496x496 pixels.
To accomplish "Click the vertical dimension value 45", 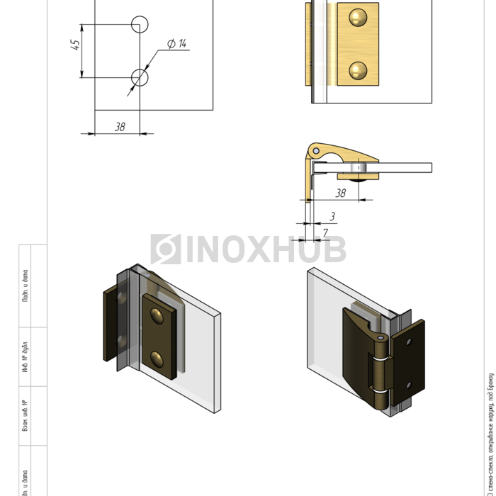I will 75,45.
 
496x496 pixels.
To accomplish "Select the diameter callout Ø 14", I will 176,45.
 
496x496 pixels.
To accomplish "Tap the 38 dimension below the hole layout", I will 120,126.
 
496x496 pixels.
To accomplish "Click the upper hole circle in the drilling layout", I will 140,24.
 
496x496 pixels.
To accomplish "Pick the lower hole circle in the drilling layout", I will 140,77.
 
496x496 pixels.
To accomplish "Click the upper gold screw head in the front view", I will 359,18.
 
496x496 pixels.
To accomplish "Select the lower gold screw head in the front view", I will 359,69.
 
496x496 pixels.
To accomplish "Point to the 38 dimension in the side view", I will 340,193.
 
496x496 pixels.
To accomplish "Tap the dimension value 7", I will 325,232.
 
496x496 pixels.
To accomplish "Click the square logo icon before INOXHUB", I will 165,249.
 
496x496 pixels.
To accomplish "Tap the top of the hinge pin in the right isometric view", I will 382,339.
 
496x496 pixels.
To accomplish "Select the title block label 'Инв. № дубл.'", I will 25,357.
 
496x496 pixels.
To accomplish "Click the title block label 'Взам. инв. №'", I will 25,416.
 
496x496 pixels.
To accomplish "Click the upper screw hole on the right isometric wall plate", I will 411,342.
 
